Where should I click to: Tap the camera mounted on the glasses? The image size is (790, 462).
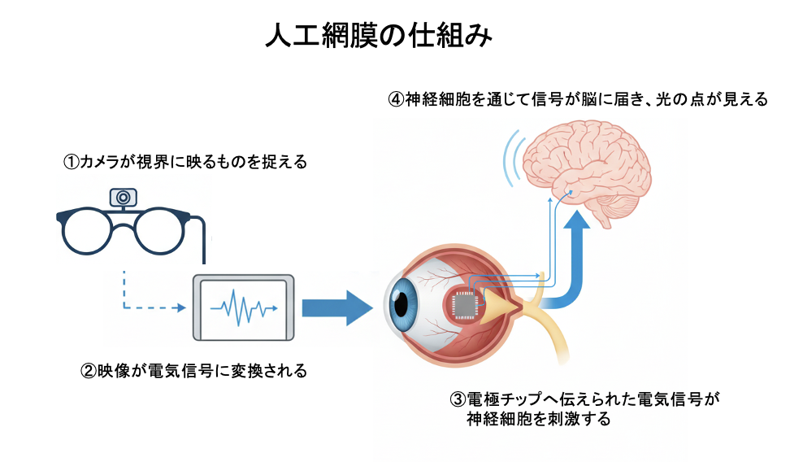click(124, 197)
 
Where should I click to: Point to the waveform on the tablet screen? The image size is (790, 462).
click(242, 308)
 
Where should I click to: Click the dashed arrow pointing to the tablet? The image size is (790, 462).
click(150, 307)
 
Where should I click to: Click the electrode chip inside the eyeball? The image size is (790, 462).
click(466, 307)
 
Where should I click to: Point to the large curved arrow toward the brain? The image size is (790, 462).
click(576, 260)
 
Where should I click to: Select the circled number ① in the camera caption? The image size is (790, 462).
click(71, 163)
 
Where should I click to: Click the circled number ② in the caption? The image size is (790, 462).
click(89, 373)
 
